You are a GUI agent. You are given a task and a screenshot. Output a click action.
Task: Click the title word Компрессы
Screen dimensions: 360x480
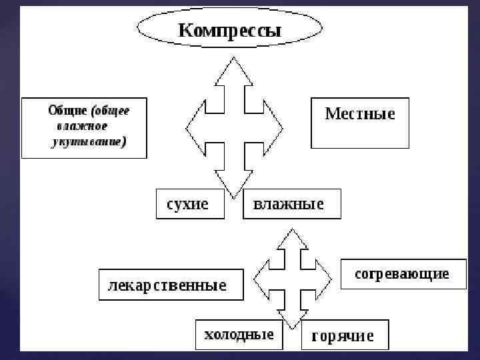point(229,31)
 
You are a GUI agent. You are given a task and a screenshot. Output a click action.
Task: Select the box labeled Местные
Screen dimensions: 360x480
point(360,123)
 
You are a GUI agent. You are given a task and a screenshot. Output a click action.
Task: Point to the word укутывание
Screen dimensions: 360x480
point(88,142)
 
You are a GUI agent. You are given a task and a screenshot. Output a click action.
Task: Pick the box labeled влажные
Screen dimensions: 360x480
point(291,204)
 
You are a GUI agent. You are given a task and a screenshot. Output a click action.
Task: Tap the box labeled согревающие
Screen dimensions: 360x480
point(403,274)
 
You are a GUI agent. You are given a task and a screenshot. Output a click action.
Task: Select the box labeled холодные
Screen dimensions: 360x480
point(238,335)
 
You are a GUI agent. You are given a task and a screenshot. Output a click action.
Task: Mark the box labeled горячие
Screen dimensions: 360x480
point(344,336)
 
